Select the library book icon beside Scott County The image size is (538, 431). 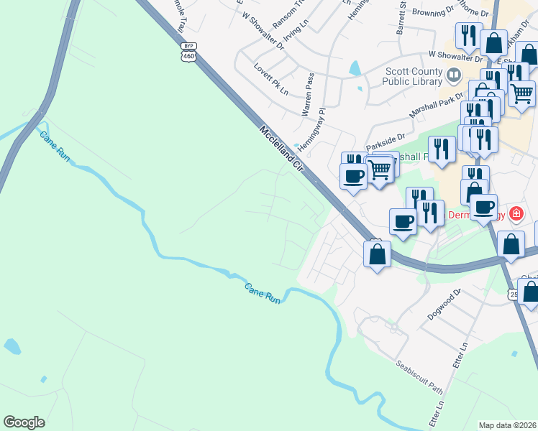point(453,75)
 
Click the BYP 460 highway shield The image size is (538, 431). point(188,51)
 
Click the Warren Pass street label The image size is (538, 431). point(308,98)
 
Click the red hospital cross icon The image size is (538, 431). point(516,214)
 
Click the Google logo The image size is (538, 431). point(24,422)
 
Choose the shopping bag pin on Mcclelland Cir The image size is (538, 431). point(377,254)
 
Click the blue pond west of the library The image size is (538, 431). point(355,69)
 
